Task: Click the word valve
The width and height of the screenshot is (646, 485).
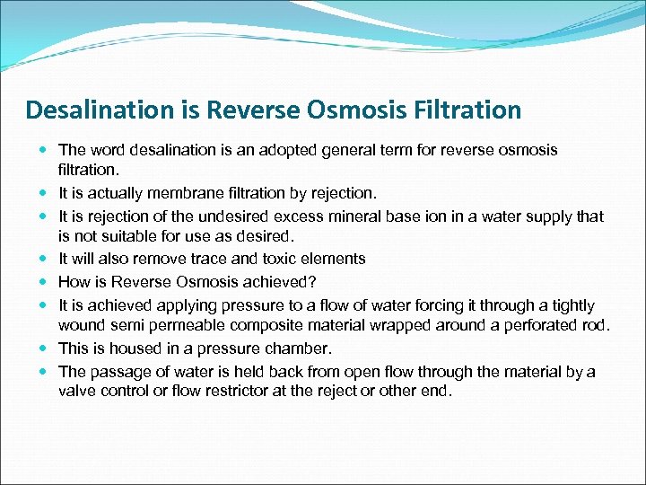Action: pos(77,391)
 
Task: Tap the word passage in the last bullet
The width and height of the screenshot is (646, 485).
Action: pos(116,372)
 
